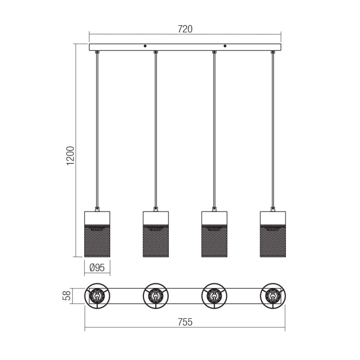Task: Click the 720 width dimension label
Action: [x=185, y=29]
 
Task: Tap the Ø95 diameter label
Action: [x=97, y=267]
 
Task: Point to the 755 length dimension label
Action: [x=185, y=322]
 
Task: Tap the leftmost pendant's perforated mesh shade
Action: [x=97, y=241]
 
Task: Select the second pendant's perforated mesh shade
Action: [x=156, y=241]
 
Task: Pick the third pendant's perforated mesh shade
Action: [x=214, y=241]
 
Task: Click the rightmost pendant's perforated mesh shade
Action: [x=273, y=241]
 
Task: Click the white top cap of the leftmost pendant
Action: [x=97, y=218]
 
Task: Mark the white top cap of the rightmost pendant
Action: [x=273, y=218]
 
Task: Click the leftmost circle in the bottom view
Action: [x=97, y=296]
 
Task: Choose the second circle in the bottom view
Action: [x=156, y=296]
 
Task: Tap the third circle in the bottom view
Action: [x=214, y=296]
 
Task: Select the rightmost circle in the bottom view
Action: [x=273, y=296]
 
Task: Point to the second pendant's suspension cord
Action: [x=156, y=130]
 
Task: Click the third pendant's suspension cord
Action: [x=214, y=130]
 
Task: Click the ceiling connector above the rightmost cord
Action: [x=273, y=53]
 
